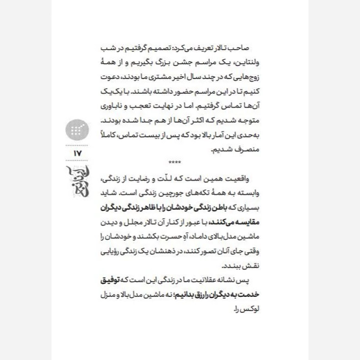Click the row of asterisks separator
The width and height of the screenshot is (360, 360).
pyautogui.click(x=175, y=162)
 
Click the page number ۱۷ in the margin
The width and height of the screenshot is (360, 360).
pyautogui.click(x=76, y=154)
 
